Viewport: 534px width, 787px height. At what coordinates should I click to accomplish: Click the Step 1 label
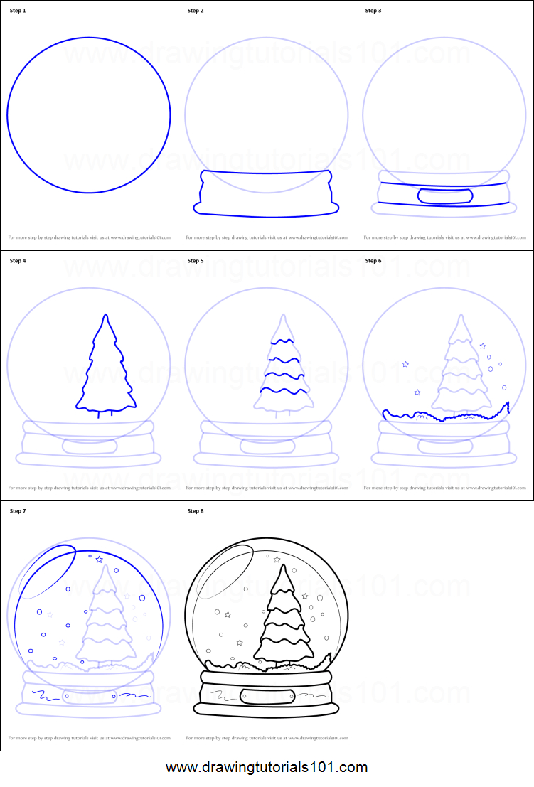(x=16, y=11)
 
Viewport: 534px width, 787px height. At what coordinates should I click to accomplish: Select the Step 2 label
(x=195, y=11)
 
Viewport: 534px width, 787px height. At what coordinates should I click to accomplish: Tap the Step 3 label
(x=373, y=11)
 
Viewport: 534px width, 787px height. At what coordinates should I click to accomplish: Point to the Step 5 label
(x=195, y=261)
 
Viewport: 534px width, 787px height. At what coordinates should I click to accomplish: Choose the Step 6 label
(x=373, y=261)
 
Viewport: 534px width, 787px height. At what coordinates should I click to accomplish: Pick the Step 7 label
(x=16, y=511)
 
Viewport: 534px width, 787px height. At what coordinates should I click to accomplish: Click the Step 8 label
(x=195, y=511)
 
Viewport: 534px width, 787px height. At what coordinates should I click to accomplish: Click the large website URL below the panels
(x=267, y=767)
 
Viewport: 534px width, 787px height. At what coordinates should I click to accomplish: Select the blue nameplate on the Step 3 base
(x=444, y=196)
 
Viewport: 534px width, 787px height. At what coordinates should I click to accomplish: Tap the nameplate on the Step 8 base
(x=266, y=696)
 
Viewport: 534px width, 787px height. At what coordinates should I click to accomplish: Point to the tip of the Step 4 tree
(x=106, y=315)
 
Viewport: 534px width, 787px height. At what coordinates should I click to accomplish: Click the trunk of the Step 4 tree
(x=98, y=413)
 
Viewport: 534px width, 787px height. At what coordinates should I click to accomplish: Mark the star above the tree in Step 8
(x=277, y=560)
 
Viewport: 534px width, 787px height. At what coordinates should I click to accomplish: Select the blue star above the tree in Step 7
(x=99, y=560)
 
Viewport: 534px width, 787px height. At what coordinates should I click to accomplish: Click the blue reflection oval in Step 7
(x=48, y=571)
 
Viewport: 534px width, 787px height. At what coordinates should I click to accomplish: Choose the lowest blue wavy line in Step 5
(x=284, y=390)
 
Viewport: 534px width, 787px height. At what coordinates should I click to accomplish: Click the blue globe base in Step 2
(x=266, y=193)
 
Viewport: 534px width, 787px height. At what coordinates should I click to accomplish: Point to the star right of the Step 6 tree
(x=483, y=346)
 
